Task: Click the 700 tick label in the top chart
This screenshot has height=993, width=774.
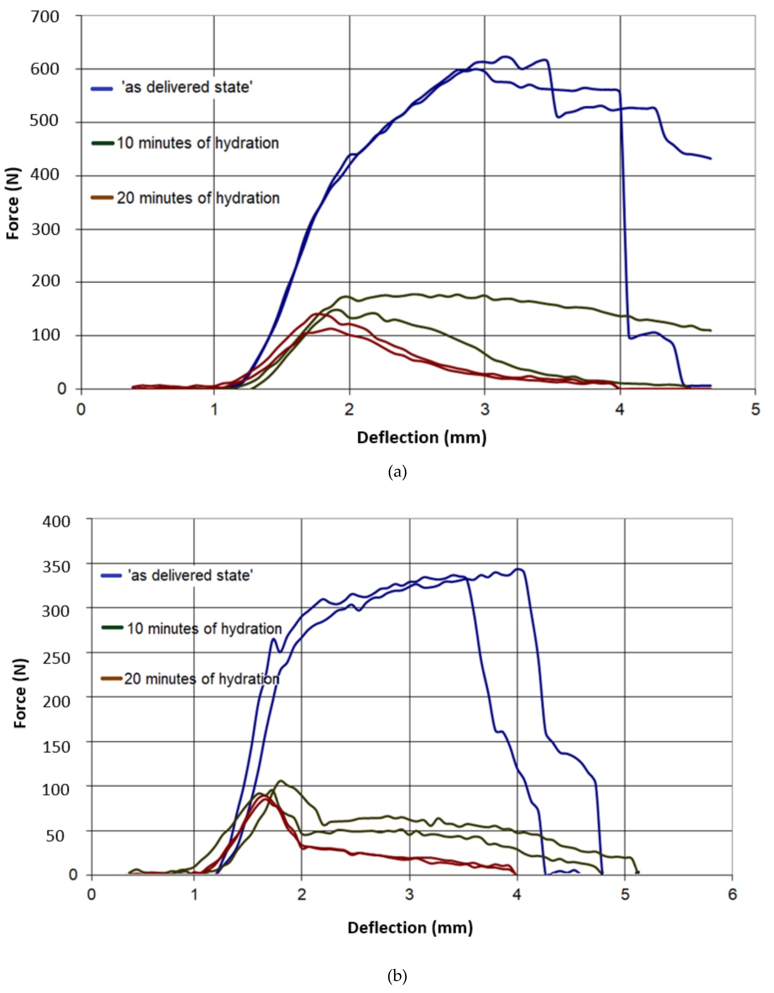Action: (45, 17)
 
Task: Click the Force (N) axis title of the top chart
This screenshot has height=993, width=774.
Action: (13, 203)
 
